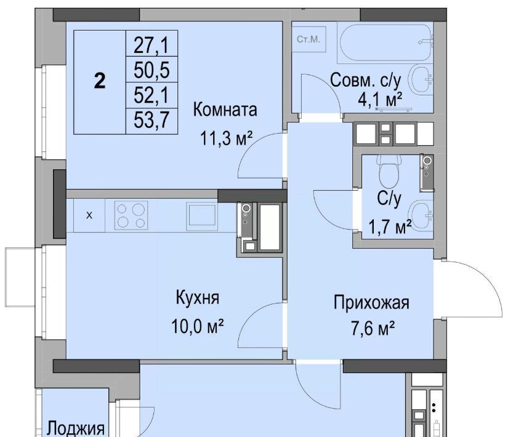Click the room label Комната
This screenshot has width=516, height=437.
(x=225, y=110)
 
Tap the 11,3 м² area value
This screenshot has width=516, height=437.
(x=227, y=138)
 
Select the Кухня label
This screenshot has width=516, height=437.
(x=198, y=298)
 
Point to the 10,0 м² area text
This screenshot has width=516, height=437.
(x=198, y=326)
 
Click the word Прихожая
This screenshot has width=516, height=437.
(x=371, y=302)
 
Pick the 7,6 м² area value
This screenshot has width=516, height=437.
(x=373, y=328)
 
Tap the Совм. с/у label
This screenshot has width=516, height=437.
(x=365, y=80)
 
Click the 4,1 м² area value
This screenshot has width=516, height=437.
(x=380, y=99)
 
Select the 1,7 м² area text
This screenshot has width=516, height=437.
(x=390, y=227)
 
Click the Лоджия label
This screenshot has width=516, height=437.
(x=76, y=429)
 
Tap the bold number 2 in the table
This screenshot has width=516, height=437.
(x=100, y=81)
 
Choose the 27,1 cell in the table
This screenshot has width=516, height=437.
(x=151, y=45)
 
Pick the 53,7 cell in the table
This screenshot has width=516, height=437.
(x=151, y=120)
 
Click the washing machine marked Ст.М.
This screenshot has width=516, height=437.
(x=308, y=39)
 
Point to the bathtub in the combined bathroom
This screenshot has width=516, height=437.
(x=385, y=42)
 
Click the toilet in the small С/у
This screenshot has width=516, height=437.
(x=390, y=170)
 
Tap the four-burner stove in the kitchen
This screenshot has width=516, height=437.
(x=131, y=215)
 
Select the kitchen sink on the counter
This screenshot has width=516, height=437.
(x=202, y=216)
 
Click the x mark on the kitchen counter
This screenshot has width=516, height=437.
(x=89, y=215)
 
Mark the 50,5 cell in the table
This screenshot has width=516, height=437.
(x=151, y=70)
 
